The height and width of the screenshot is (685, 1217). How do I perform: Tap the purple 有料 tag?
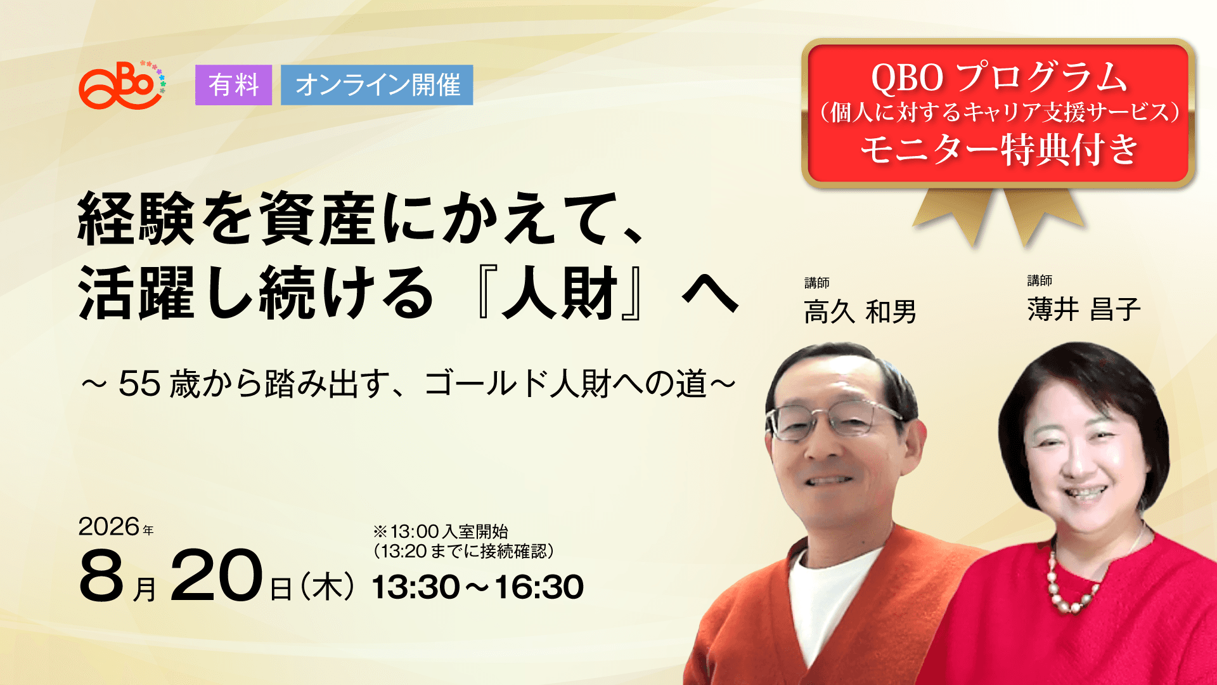[233, 85]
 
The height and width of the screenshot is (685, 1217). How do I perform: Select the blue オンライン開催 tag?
[377, 85]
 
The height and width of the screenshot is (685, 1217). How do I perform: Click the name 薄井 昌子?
[1084, 310]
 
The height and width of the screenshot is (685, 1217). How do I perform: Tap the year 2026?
[109, 526]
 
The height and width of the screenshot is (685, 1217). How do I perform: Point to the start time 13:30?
[415, 587]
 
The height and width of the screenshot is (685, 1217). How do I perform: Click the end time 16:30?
[539, 587]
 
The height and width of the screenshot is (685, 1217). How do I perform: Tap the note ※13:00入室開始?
[441, 532]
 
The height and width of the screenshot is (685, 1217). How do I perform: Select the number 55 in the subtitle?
[139, 384]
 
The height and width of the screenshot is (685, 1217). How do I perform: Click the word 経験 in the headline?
[136, 219]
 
